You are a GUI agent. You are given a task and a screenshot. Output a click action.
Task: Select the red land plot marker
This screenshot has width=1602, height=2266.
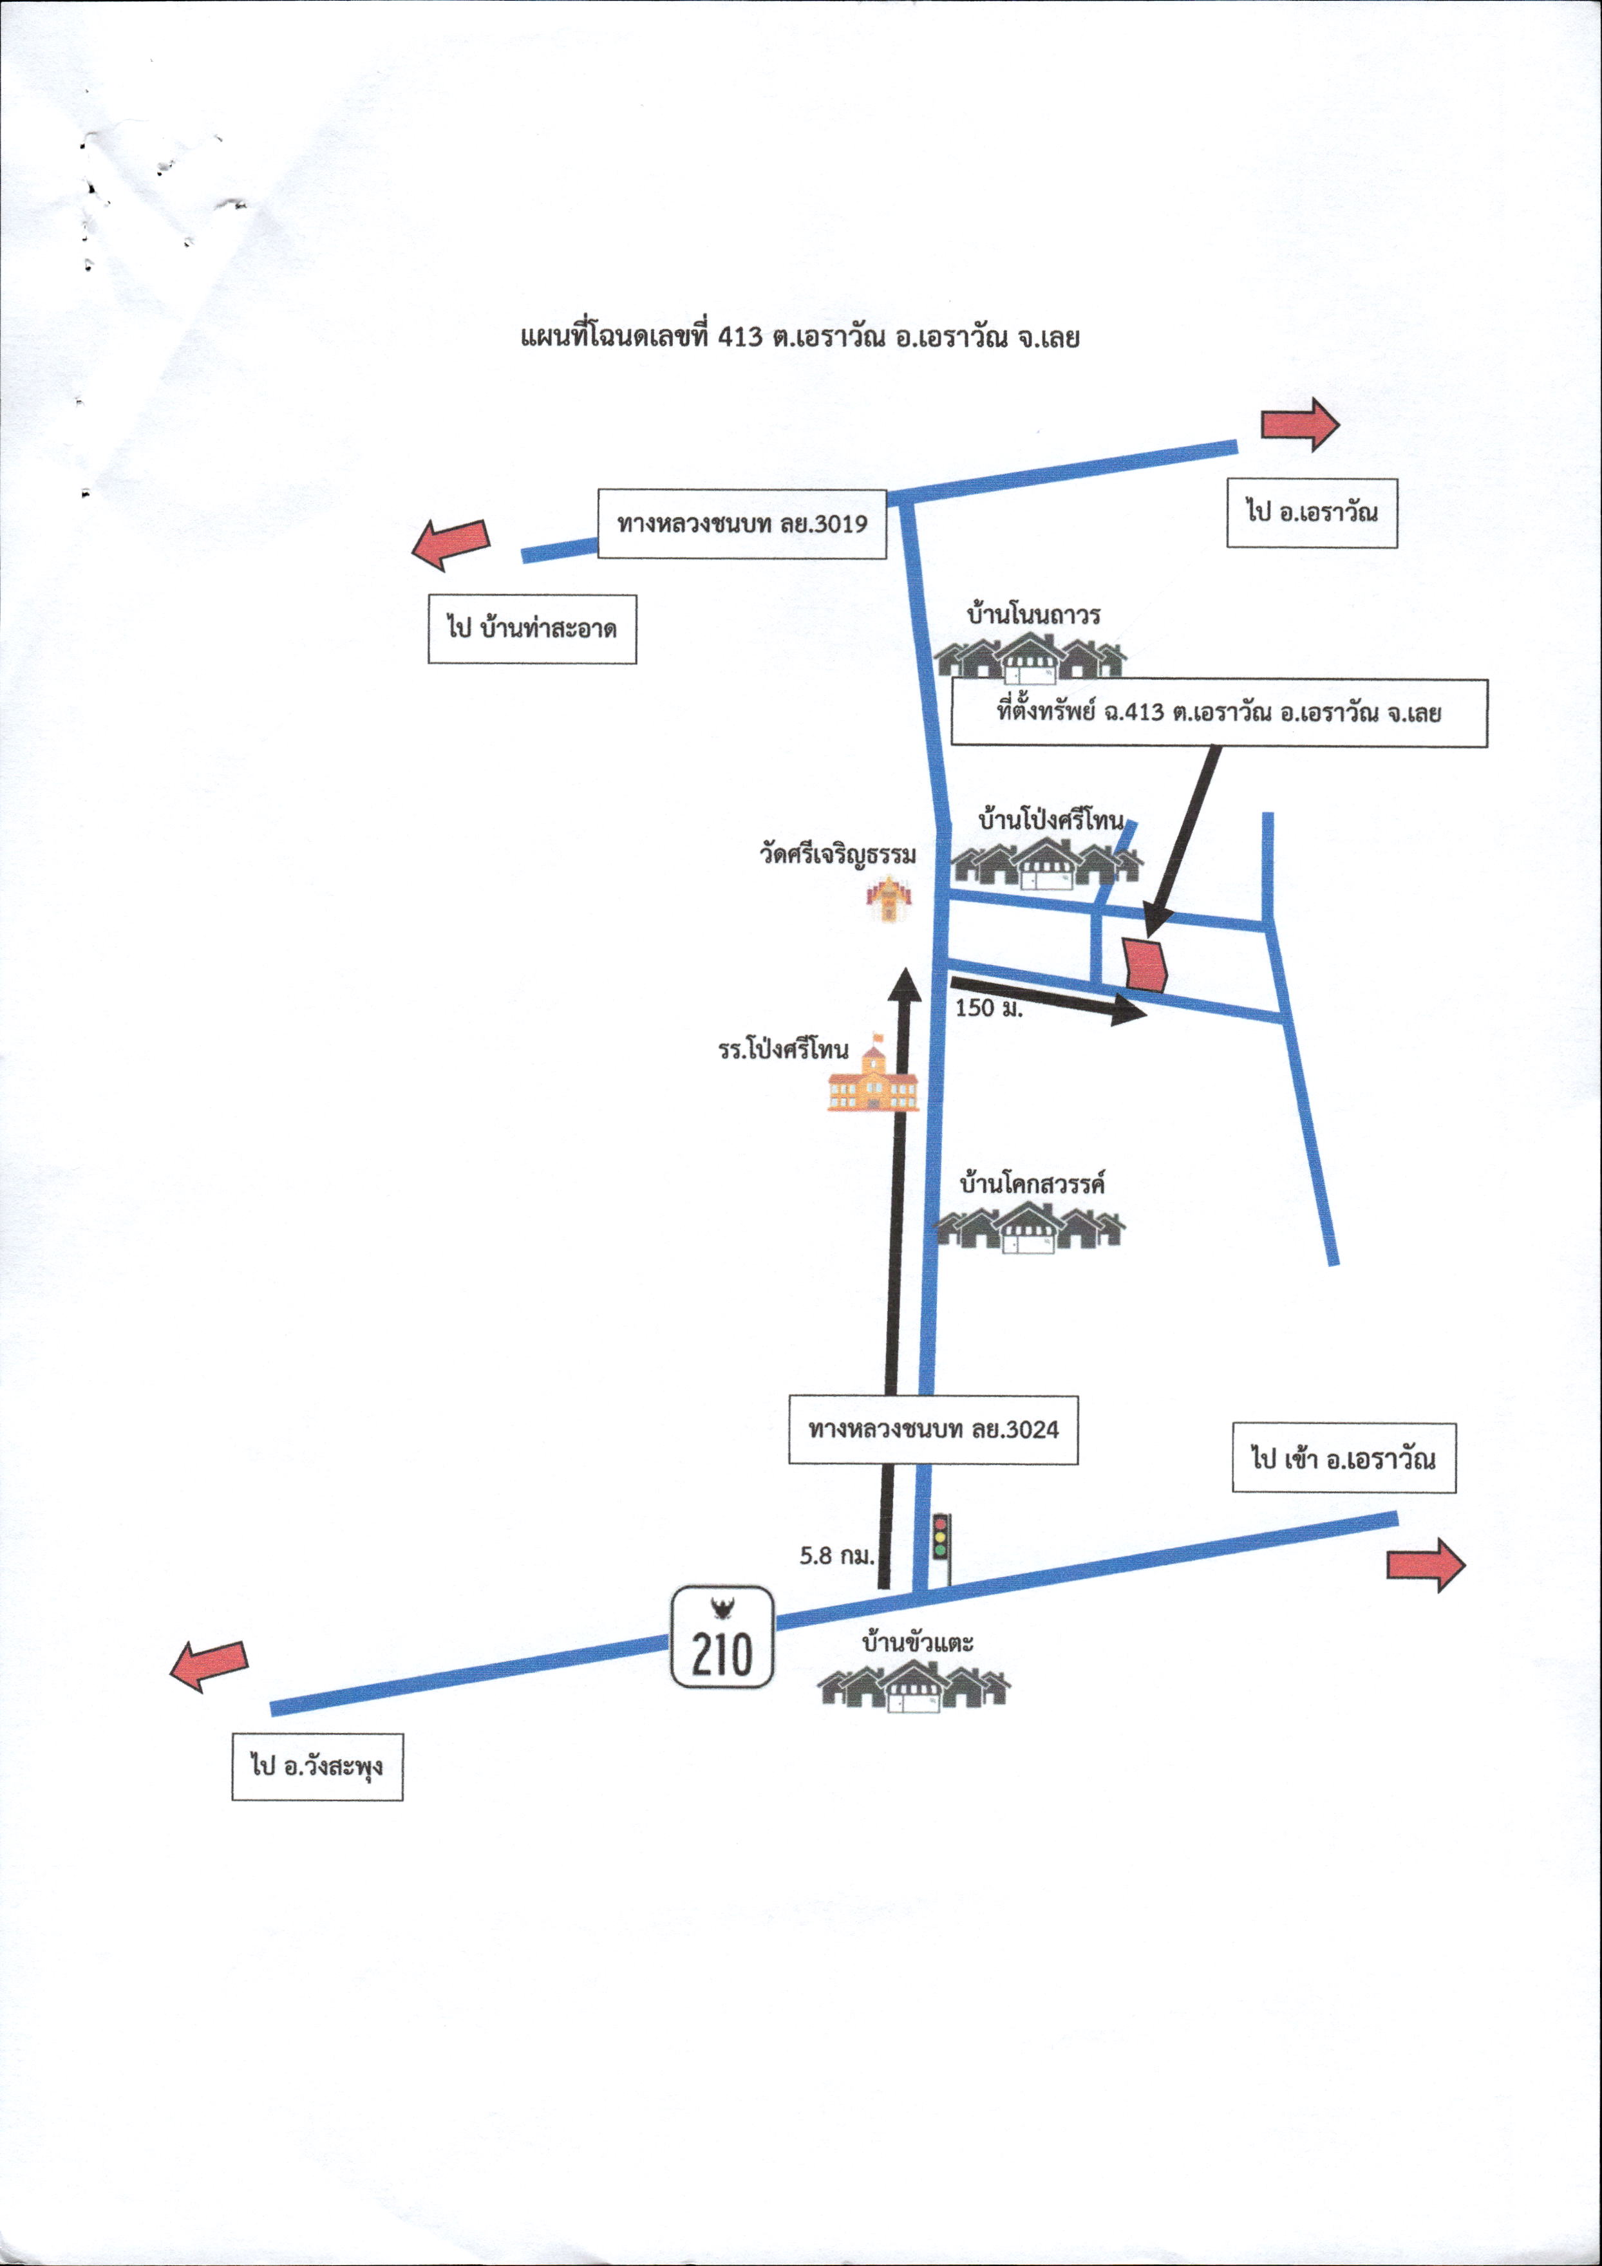[1146, 964]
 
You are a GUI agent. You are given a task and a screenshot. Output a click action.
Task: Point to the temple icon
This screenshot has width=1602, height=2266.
[889, 898]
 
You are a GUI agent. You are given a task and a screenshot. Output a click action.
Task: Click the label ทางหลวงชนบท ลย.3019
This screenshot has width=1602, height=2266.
[742, 523]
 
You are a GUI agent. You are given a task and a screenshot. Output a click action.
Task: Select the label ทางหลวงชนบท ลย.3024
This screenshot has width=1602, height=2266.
[933, 1429]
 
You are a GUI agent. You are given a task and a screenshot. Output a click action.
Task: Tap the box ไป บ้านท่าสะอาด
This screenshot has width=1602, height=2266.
[532, 629]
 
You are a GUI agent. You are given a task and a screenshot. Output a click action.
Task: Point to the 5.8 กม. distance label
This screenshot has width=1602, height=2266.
[837, 1557]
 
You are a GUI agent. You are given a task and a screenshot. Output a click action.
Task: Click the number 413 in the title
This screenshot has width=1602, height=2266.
[740, 337]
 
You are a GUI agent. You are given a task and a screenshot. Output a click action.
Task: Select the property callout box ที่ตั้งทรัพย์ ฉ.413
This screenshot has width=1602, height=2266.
[1220, 713]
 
